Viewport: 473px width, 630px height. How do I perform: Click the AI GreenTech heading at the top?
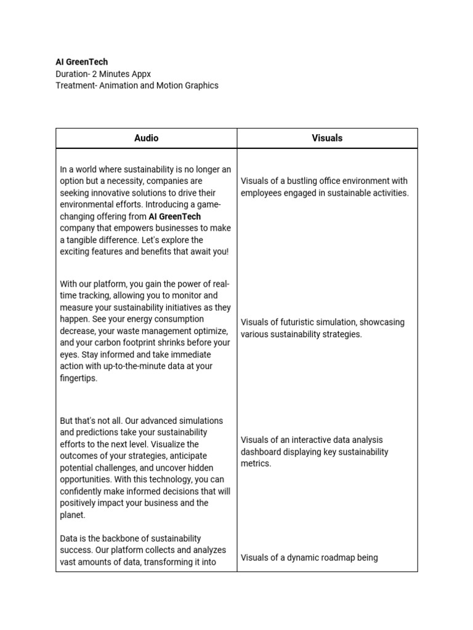click(x=81, y=62)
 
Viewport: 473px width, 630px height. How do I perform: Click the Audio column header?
click(x=146, y=138)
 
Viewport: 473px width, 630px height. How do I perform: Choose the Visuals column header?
click(x=327, y=138)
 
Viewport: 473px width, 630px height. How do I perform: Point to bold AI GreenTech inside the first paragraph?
click(x=175, y=217)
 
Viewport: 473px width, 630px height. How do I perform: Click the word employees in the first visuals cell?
click(x=261, y=193)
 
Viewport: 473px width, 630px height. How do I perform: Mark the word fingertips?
click(x=78, y=378)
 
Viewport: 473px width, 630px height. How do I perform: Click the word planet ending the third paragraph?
click(x=72, y=515)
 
